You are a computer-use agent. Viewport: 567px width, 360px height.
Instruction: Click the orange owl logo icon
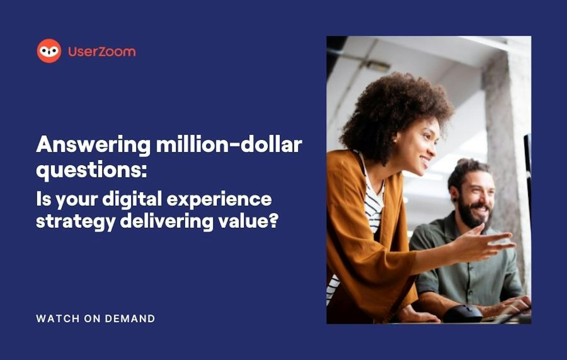pyautogui.click(x=49, y=51)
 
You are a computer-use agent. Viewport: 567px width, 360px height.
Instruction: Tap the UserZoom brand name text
pyautogui.click(x=102, y=51)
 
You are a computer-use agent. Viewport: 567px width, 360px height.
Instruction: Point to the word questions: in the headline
pyautogui.click(x=91, y=171)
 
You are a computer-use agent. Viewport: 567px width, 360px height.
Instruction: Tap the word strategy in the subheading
pyautogui.click(x=76, y=222)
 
